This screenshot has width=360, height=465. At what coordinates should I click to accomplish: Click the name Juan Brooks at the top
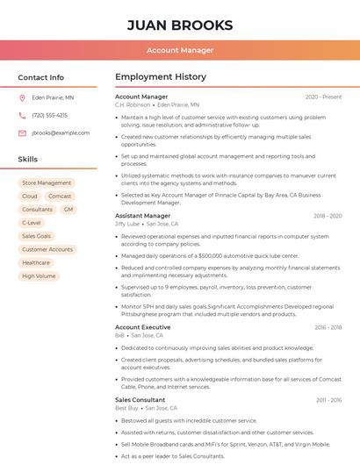pos(180,25)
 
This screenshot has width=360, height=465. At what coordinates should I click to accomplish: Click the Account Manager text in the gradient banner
pos(180,50)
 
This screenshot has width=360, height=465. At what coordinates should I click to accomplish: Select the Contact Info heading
pos(41,77)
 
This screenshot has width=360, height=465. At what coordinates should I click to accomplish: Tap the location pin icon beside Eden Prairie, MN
pos(22,98)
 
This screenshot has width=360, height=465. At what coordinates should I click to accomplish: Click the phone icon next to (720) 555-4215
pos(22,116)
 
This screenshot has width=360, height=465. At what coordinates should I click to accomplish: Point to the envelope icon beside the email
pos(22,133)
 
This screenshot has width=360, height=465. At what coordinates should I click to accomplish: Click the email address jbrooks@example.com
pos(61,133)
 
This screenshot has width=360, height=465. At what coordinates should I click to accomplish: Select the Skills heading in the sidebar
pos(28,160)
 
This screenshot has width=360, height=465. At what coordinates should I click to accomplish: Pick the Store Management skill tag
pos(47,183)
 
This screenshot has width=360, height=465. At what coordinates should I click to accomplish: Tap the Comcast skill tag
pos(60,197)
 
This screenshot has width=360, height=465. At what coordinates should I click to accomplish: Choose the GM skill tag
pos(68,210)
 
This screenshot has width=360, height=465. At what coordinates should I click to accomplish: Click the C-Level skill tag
pos(32,223)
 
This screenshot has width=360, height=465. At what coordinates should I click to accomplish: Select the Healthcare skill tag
pos(36,262)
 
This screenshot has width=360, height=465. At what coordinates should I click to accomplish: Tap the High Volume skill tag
pos(39,275)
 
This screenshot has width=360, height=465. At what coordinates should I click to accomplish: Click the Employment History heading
pos(161,77)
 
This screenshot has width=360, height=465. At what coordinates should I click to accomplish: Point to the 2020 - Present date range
pos(323,97)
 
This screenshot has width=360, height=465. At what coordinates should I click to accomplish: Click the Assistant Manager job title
pos(143,216)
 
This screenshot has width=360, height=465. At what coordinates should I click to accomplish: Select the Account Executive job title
pos(143,327)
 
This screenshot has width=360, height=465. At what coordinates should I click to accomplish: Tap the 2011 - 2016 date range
pos(328,400)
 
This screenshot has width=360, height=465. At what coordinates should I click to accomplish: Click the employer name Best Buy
pos(126,408)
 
